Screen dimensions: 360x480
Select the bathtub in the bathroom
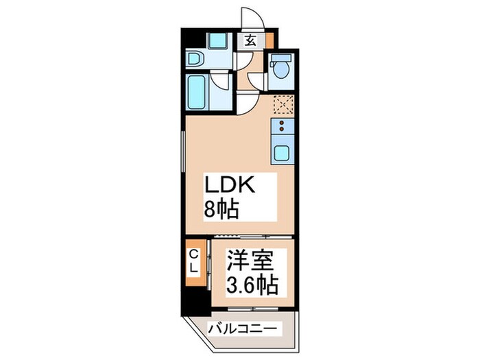pyautogui.click(x=199, y=91)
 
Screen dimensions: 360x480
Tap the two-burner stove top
pyautogui.click(x=283, y=126)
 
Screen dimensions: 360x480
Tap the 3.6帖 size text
pyautogui.click(x=252, y=283)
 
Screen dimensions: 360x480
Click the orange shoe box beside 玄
pyautogui.click(x=269, y=40)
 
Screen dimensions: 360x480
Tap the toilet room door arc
pyautogui.click(x=256, y=82)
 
